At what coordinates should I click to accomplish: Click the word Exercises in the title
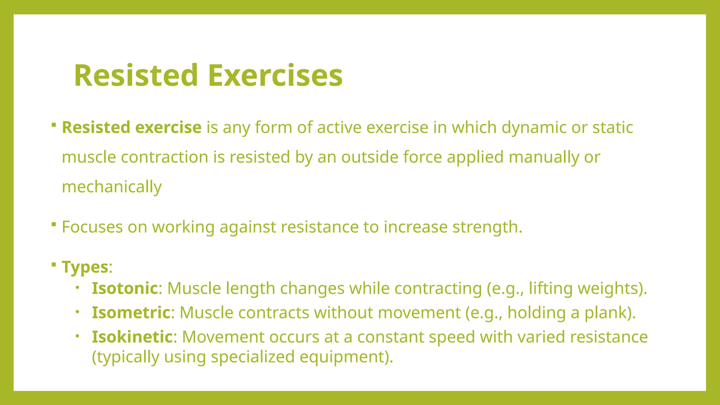point(275,76)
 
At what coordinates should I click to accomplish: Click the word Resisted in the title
point(136,76)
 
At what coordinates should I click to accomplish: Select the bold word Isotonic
point(125,288)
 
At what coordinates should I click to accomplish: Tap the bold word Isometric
point(131,313)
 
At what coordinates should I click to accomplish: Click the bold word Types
point(85,267)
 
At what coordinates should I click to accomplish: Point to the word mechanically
point(112,187)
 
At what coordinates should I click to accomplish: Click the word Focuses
point(92,227)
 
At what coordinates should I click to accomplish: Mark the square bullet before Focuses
point(53,224)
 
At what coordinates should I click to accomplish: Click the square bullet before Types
point(53,264)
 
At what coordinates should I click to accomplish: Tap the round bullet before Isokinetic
point(77,336)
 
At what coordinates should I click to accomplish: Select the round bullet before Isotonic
point(77,288)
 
